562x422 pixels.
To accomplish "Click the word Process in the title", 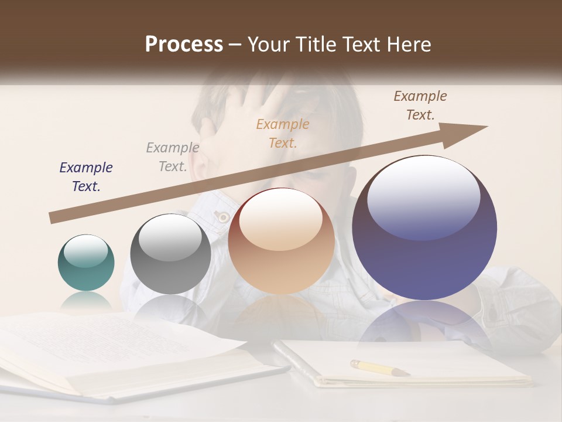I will click(184, 45).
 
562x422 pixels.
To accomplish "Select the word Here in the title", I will click(410, 45).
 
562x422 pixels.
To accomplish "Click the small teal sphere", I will click(86, 263).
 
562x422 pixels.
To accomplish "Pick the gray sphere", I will click(170, 254).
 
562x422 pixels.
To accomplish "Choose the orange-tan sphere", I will click(281, 241).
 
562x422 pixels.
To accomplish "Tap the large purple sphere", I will click(424, 227).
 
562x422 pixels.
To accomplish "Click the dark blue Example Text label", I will click(86, 177).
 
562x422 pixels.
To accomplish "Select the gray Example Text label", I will click(173, 157).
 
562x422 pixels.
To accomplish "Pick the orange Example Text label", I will click(283, 133).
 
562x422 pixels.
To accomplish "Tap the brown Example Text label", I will click(420, 105).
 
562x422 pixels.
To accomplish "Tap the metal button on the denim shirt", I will click(222, 217).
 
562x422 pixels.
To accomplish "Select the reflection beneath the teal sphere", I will click(86, 302).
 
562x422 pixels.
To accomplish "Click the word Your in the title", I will click(267, 45).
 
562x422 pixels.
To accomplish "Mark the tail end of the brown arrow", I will click(53, 218).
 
